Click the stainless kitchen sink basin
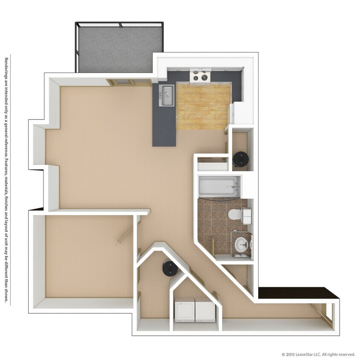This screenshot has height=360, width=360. pyautogui.click(x=166, y=96)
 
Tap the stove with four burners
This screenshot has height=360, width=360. pyautogui.click(x=200, y=76)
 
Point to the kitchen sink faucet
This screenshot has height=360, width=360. pyautogui.click(x=162, y=91)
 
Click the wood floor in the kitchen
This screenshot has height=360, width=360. pyautogui.click(x=203, y=107)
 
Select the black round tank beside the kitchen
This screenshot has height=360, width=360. pyautogui.click(x=241, y=160)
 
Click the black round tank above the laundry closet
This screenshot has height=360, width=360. pyautogui.click(x=169, y=269)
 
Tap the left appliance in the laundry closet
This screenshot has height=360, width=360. pyautogui.click(x=185, y=310)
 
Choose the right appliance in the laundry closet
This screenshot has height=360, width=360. pyautogui.click(x=206, y=310)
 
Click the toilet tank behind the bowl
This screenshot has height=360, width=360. pyautogui.click(x=247, y=215)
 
